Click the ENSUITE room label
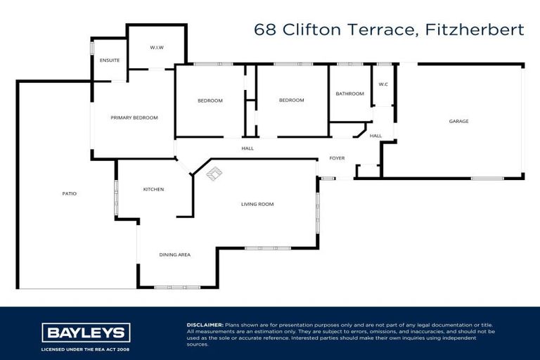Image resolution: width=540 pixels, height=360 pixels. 109,60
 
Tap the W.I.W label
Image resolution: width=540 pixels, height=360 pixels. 156,47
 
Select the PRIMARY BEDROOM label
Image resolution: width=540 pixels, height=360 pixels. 134,117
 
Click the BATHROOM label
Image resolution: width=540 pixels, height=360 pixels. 349,94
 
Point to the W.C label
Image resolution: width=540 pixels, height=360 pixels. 383,84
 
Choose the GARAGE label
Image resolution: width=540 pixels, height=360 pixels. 458,121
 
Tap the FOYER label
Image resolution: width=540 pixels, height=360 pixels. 337,158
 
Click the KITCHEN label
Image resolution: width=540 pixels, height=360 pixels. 153,189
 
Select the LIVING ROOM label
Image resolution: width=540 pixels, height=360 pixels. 257,204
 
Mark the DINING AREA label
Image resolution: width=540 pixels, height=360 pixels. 174,255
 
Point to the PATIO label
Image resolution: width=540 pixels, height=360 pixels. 68,193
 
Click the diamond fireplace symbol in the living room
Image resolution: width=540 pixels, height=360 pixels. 214,173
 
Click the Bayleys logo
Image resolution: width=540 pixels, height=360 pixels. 86,332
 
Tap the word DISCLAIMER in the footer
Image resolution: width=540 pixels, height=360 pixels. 205,325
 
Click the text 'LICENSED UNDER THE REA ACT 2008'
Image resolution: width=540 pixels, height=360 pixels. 86,348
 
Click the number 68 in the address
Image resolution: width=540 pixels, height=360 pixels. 265,30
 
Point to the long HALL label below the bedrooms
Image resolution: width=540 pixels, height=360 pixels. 247,148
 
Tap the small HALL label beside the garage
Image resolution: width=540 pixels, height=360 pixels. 375,136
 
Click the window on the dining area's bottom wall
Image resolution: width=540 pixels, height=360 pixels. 172,287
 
